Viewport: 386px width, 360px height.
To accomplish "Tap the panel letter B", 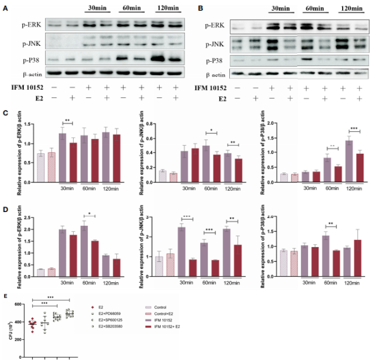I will click(200, 8).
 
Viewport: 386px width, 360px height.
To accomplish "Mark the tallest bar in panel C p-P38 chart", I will click(349, 159).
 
